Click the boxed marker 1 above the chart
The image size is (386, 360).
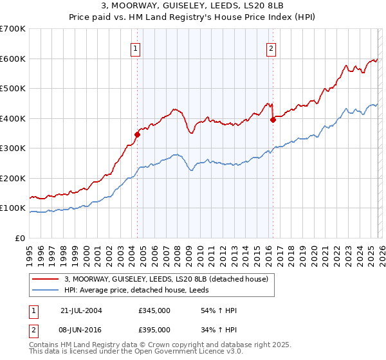[136, 48]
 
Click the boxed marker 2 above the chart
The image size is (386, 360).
[271, 48]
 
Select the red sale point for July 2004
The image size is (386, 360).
[137, 134]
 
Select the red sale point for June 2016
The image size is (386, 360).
[273, 119]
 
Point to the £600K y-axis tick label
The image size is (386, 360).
[13, 59]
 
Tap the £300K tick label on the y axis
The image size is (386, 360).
[13, 148]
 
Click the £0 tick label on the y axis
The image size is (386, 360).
[21, 238]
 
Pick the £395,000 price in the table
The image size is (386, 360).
[154, 330]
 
